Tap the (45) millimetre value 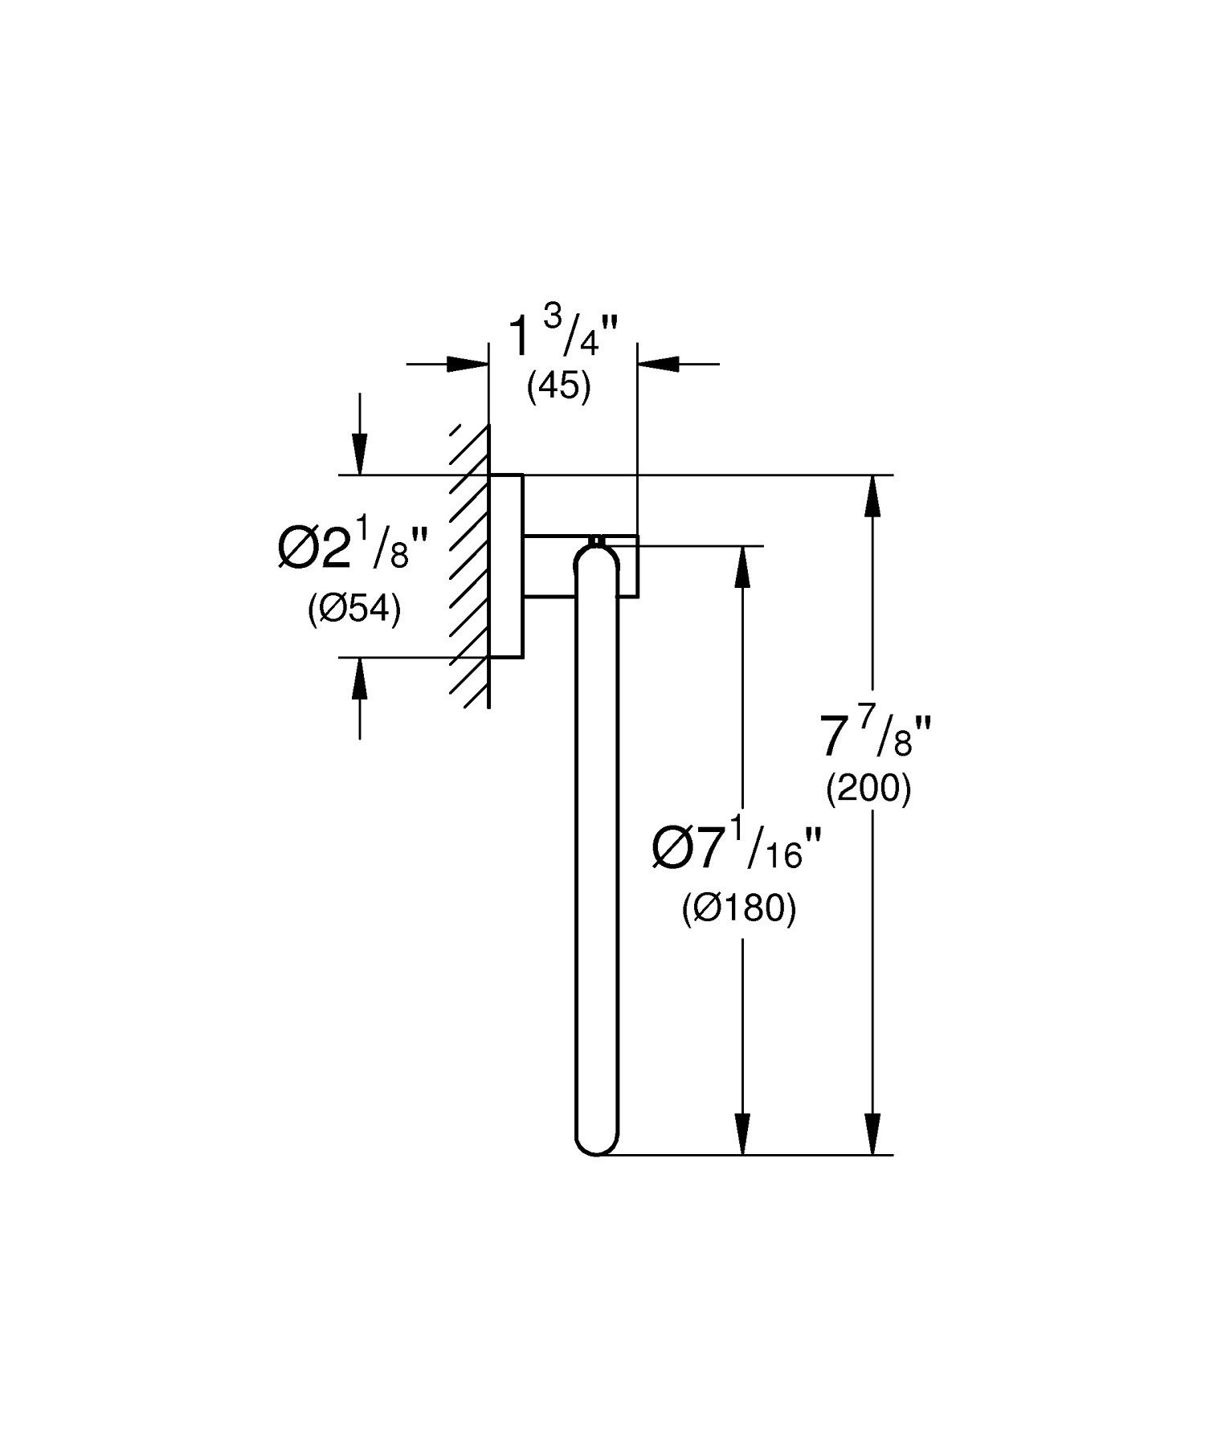click(559, 388)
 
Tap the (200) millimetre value click(869, 790)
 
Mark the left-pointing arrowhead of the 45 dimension click(658, 364)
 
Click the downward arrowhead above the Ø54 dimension click(360, 455)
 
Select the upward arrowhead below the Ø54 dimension click(360, 678)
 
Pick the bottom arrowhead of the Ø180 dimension click(743, 1134)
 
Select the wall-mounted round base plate click(506, 566)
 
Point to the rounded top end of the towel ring click(598, 558)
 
